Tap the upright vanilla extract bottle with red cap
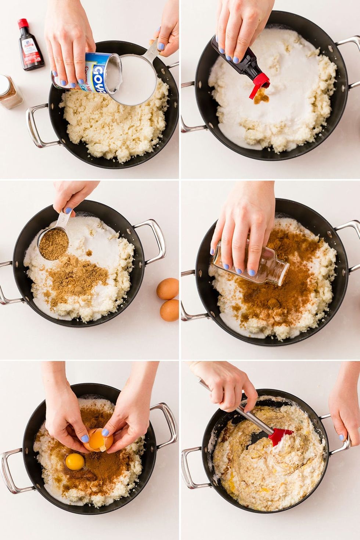(30, 46)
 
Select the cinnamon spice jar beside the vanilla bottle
(10, 92)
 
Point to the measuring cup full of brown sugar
(54, 244)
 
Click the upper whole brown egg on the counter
(168, 288)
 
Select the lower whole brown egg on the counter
(169, 310)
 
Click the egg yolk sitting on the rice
(75, 461)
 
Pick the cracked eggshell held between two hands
(97, 440)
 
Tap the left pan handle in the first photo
(37, 125)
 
